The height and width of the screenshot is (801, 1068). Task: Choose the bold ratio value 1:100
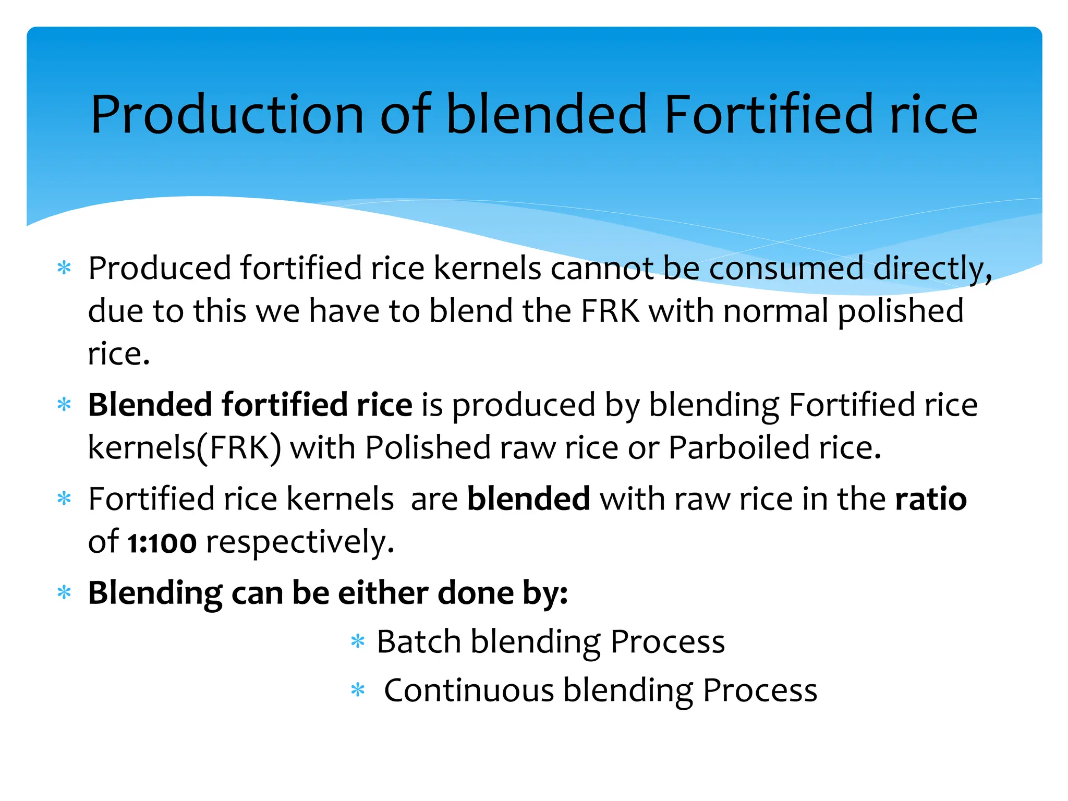pos(162,542)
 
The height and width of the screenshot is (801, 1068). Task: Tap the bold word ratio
pos(931,499)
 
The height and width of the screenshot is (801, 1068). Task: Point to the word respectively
pos(300,542)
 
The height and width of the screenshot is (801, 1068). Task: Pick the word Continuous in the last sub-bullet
pos(469,690)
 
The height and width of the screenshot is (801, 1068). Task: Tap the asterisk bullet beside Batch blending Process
pos(358,641)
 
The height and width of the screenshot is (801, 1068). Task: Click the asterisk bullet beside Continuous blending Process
pos(358,690)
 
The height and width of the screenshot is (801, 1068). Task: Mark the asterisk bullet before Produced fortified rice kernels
pos(64,269)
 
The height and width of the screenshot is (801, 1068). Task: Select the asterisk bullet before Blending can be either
pos(64,593)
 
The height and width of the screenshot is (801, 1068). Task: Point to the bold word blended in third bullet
pos(528,499)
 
